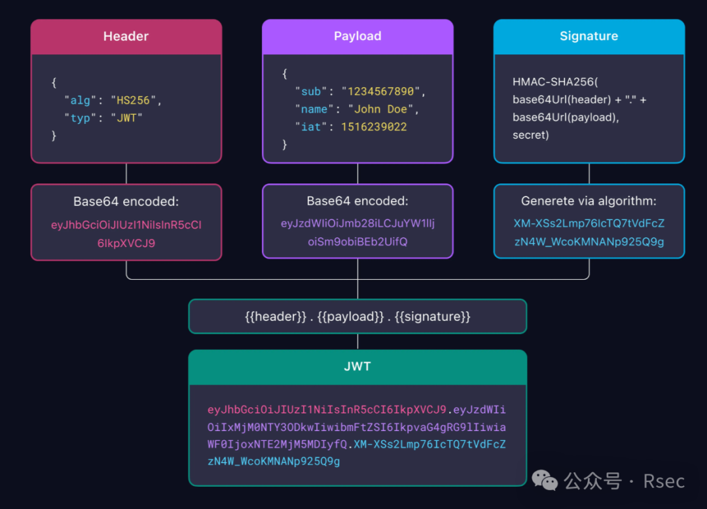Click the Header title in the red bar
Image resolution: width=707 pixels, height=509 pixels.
click(126, 37)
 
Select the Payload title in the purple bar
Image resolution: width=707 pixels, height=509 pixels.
click(357, 37)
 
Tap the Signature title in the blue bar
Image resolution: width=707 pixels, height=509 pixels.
click(589, 37)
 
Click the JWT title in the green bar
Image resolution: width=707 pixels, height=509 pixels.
click(357, 367)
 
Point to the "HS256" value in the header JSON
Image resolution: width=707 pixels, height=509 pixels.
click(133, 101)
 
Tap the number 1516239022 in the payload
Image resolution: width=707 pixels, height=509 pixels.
click(374, 127)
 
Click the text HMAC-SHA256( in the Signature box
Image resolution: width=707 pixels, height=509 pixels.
click(555, 83)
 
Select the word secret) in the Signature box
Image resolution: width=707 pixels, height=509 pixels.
click(531, 136)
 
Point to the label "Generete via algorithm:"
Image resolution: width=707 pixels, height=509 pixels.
click(589, 201)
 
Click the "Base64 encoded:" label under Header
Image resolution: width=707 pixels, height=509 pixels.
click(126, 201)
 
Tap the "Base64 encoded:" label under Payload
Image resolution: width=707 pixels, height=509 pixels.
click(357, 201)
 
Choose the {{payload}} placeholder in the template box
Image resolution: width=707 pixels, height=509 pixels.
click(351, 317)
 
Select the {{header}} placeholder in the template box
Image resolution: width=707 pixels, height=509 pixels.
click(275, 317)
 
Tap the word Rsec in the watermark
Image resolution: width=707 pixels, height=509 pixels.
click(664, 481)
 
